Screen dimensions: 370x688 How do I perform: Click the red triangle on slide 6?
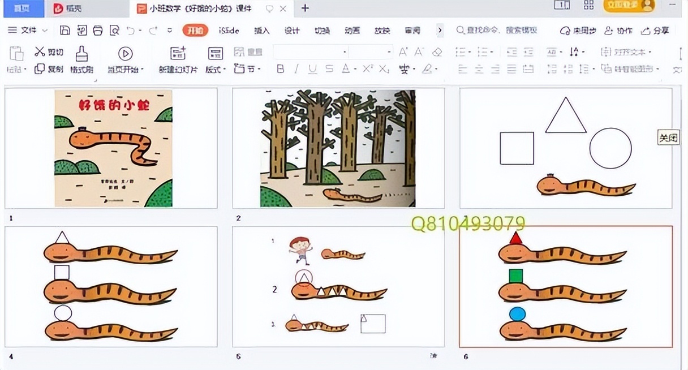(515, 238)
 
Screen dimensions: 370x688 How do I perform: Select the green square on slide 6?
(515, 276)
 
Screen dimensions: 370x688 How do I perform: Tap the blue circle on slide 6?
(517, 314)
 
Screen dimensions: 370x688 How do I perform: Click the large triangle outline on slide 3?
(566, 116)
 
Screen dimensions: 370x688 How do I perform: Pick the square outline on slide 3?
(517, 148)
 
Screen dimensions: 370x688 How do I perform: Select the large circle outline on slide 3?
(610, 148)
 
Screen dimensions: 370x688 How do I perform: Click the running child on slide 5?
(300, 250)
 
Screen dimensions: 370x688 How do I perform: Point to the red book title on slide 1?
(113, 105)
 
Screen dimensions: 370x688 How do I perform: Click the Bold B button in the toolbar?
(281, 69)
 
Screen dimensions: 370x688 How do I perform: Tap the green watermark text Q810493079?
(468, 223)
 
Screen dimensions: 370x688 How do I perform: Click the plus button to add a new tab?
(305, 8)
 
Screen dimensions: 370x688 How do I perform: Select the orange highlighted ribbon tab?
(195, 31)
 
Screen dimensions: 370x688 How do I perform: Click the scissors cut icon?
(40, 52)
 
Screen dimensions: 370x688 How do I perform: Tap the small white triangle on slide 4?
(62, 238)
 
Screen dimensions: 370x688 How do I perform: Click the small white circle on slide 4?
(63, 313)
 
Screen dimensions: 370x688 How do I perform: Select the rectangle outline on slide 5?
(373, 324)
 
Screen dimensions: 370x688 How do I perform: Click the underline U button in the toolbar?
(312, 69)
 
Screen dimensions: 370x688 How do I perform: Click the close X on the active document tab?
(283, 8)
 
